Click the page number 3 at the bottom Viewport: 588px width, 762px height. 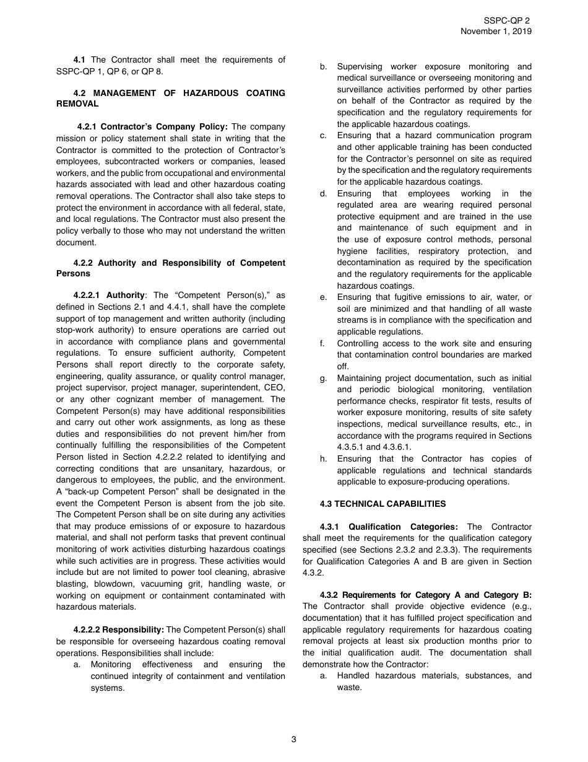click(294, 738)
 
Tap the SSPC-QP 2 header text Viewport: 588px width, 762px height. click(507, 20)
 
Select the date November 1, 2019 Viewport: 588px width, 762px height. click(495, 32)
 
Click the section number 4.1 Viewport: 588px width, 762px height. click(79, 59)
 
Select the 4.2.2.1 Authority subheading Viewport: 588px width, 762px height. click(110, 296)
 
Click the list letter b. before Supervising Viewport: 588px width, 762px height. click(323, 66)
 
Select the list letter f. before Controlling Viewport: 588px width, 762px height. click(323, 343)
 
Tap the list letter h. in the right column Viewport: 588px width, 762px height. click(323, 458)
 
